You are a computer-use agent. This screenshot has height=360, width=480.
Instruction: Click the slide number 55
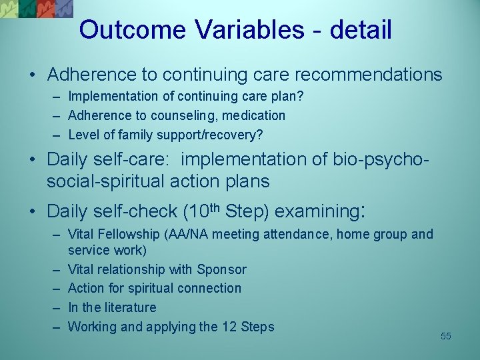[x=446, y=336]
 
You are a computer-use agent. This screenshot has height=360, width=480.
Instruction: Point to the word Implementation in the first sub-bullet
[x=105, y=97]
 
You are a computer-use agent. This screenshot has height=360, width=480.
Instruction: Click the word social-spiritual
[x=105, y=181]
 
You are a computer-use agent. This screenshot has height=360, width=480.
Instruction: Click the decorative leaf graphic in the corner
[x=37, y=9]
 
